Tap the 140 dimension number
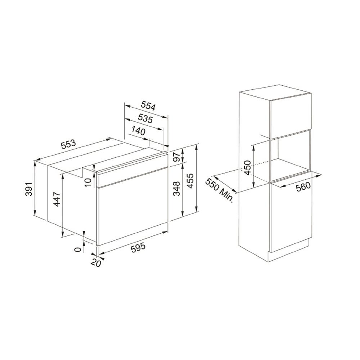pos(139,131)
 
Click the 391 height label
pos(29,189)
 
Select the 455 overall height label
pos(190,181)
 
